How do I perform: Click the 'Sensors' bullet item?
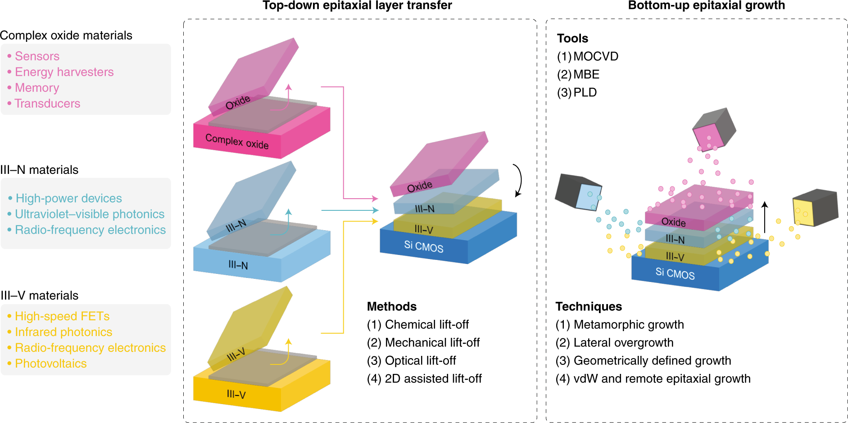(x=37, y=56)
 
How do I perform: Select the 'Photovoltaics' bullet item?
(x=50, y=364)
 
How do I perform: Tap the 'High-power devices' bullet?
(x=68, y=198)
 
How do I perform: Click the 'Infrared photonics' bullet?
(x=63, y=332)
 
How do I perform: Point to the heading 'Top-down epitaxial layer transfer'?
(x=357, y=5)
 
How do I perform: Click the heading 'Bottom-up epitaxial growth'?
(x=706, y=5)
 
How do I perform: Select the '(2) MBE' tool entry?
(x=578, y=74)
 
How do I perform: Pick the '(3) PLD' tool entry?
(x=577, y=92)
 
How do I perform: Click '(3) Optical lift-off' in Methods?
(x=411, y=360)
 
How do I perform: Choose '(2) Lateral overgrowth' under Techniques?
(x=614, y=342)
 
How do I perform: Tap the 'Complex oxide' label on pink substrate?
(x=237, y=141)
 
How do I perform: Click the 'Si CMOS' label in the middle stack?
(x=423, y=246)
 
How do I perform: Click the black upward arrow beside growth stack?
(x=764, y=217)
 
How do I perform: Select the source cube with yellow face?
(x=814, y=208)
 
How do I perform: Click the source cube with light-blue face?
(x=578, y=192)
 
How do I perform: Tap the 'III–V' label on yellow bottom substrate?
(x=236, y=395)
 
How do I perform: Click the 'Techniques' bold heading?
(x=588, y=306)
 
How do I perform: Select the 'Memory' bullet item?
(x=37, y=88)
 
